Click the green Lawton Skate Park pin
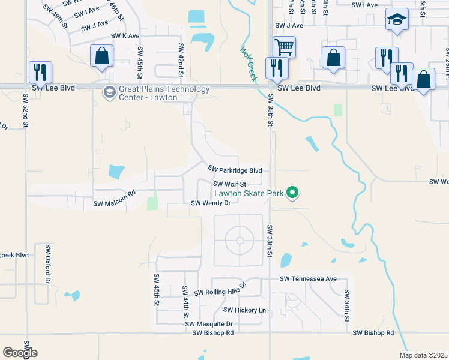click(293, 193)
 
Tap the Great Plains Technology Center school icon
click(109, 92)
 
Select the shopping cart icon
click(283, 46)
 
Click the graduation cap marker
click(397, 19)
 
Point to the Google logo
click(20, 353)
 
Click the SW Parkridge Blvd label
click(235, 170)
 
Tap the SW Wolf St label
click(231, 184)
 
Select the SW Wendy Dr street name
click(211, 203)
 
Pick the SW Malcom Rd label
click(115, 203)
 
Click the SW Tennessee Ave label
click(308, 279)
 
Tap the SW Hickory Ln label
click(244, 310)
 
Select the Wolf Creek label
click(249, 64)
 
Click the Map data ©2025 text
click(423, 355)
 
